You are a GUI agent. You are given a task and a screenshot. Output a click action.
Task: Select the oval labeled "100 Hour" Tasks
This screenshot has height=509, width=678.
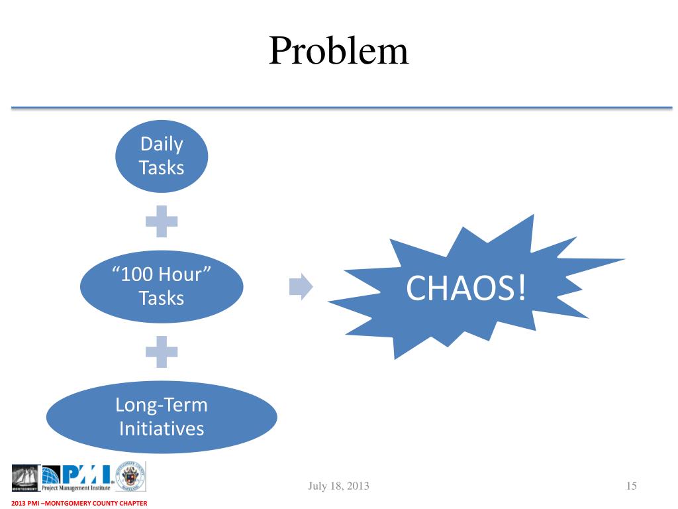[x=162, y=286]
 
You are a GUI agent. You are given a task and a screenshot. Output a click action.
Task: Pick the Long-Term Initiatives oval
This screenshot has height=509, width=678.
[x=162, y=416]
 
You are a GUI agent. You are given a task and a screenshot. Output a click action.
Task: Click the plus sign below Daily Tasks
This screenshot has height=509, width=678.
[x=162, y=222]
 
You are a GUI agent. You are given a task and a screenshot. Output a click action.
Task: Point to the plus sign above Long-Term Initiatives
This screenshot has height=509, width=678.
[x=162, y=351]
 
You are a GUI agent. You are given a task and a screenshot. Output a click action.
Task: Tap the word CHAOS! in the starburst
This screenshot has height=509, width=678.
[x=467, y=288]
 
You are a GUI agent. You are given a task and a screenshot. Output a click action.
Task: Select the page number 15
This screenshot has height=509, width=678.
[x=630, y=486]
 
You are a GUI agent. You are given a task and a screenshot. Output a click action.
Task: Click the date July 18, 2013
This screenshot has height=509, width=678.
[x=338, y=486]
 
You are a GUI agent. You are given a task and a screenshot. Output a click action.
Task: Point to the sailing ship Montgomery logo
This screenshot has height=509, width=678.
[x=26, y=477]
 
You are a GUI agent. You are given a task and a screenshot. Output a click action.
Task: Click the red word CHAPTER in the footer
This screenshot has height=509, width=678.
[x=131, y=504]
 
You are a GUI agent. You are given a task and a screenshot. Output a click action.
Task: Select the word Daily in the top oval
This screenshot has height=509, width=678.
[x=162, y=144]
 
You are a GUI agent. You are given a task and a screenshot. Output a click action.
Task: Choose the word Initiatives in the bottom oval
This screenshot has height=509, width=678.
[x=162, y=428]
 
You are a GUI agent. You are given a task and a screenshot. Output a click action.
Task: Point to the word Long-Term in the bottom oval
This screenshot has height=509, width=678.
[x=162, y=404]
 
